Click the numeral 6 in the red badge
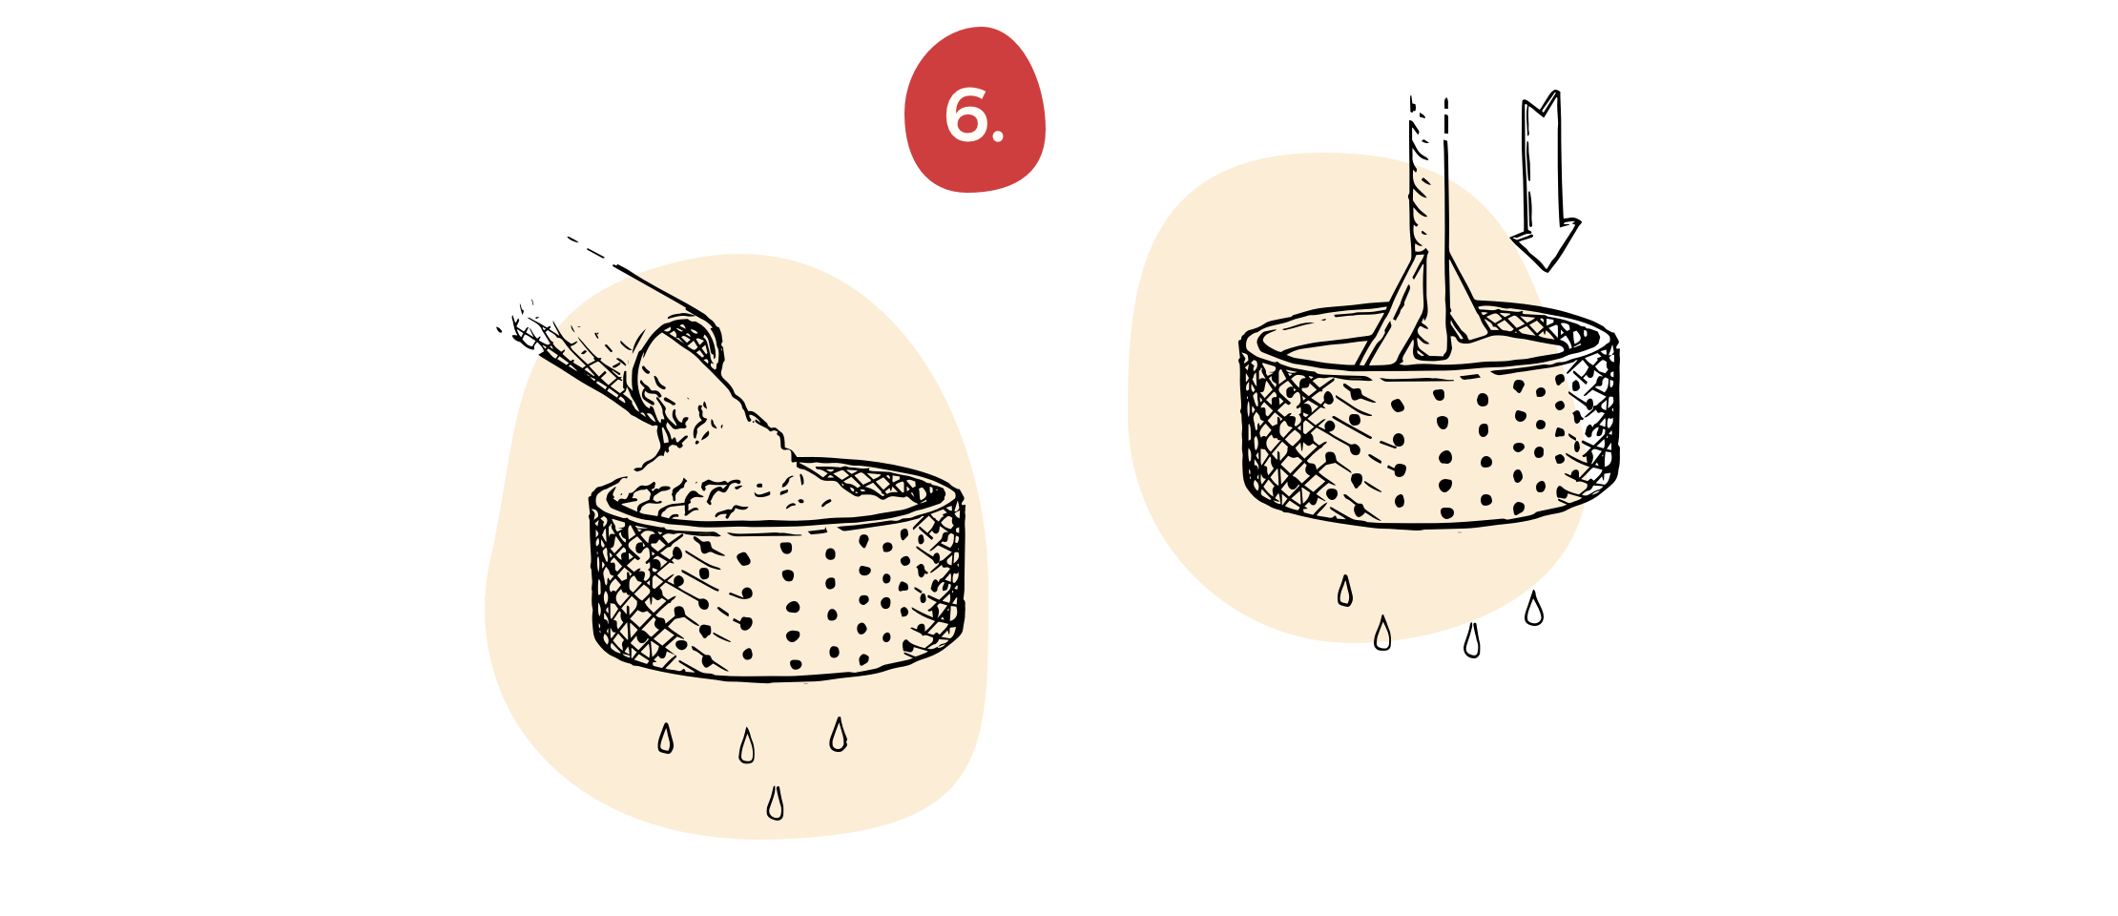(966, 116)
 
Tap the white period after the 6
(998, 136)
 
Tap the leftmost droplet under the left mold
(666, 739)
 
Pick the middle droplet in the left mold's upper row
(747, 746)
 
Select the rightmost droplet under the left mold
(838, 734)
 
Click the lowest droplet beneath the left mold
(776, 803)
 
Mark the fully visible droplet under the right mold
(1345, 592)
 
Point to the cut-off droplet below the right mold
(1381, 632)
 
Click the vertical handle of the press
(1431, 248)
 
